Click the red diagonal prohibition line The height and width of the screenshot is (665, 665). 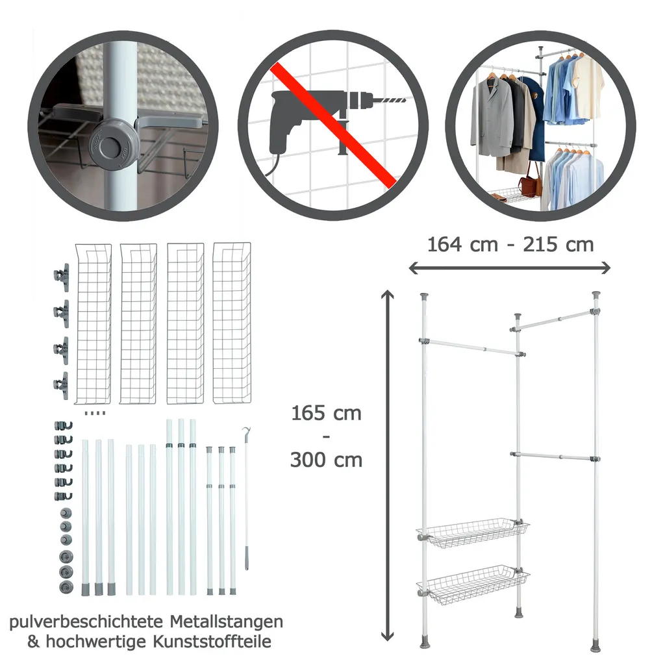tap(333, 125)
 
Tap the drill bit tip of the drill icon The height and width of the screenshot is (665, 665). tap(405, 101)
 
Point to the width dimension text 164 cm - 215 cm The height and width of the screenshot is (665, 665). tap(510, 245)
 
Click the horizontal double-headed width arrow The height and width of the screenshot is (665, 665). tap(509, 268)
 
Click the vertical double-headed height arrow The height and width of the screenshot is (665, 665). tap(387, 465)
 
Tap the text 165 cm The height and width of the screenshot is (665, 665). tap(326, 413)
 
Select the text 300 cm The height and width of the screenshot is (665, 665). tap(326, 460)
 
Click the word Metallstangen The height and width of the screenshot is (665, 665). tap(227, 621)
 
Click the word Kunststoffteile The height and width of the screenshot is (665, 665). tap(212, 641)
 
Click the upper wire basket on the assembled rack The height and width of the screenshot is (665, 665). tap(473, 533)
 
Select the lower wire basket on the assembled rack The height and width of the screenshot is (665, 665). tap(473, 581)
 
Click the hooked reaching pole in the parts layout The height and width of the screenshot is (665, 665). tap(246, 499)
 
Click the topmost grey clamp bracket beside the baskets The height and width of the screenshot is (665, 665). tap(62, 277)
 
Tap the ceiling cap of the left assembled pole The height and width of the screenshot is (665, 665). tap(423, 295)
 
